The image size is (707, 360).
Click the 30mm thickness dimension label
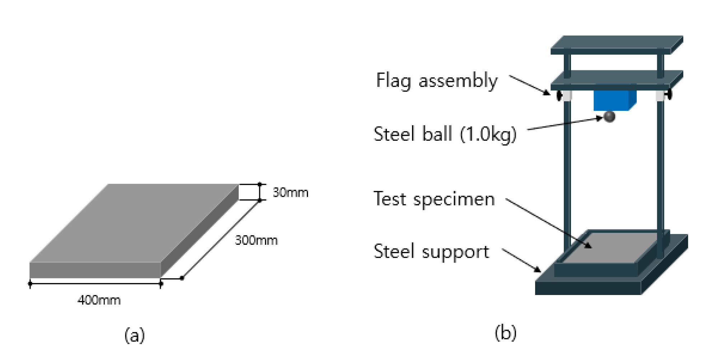[290, 193]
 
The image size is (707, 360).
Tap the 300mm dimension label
[256, 240]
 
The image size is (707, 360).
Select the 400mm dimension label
[99, 300]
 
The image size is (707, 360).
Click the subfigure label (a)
[135, 335]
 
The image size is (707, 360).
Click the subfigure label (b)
[506, 333]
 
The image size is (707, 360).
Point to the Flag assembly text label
[437, 80]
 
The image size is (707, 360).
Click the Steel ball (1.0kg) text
[445, 134]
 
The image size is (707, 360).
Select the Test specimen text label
[434, 199]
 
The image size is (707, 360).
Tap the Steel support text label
[431, 252]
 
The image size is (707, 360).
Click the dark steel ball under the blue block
[609, 116]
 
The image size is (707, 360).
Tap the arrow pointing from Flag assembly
[529, 85]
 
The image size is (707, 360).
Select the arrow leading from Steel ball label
[565, 123]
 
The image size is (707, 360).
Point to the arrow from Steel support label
[521, 260]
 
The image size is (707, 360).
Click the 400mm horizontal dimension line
[95, 284]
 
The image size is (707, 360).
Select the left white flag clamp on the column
[566, 95]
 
